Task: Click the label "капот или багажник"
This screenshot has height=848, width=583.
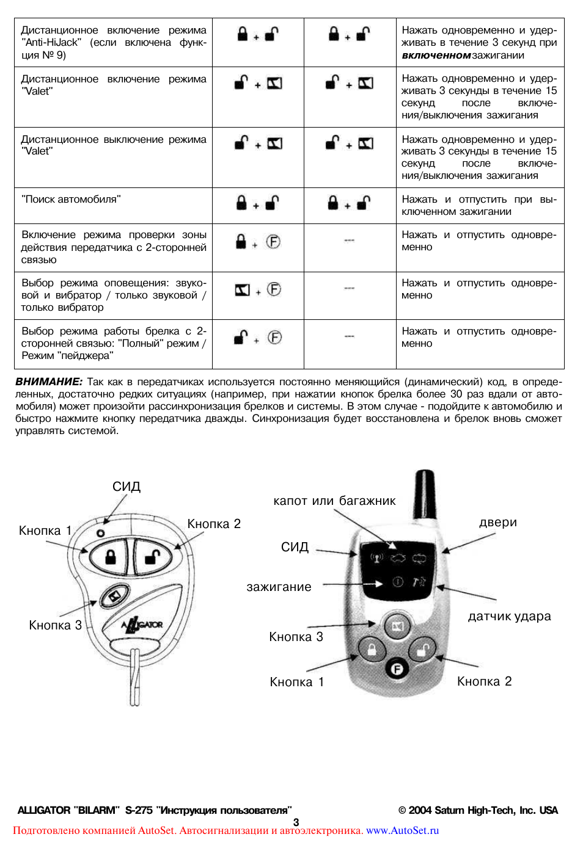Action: pos(334,501)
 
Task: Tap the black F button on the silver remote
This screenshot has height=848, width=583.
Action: pos(397,669)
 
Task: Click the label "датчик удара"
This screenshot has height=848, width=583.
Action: pos(509,616)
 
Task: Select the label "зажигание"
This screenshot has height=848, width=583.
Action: pos(279,587)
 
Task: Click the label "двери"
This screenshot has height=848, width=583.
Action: pos(497,522)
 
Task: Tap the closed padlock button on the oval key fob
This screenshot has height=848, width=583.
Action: pos(110,557)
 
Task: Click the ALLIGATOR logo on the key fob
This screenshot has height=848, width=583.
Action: pos(142,624)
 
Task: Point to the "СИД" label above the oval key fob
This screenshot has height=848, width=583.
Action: pos(127,486)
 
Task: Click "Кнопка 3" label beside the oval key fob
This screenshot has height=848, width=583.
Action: pos(55,625)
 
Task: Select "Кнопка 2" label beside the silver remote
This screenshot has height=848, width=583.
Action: pos(484,681)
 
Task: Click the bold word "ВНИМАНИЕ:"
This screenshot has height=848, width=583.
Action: pos(48,382)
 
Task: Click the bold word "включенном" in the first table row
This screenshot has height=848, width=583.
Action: pos(436,55)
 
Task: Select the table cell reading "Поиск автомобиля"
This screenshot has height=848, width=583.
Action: pos(71,199)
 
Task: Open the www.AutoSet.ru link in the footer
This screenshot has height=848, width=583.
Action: pos(402,830)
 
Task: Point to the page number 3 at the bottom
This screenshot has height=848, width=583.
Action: pos(296,822)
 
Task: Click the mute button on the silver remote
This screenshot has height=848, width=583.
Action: pos(397,626)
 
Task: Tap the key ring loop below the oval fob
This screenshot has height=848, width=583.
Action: pos(135,678)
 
